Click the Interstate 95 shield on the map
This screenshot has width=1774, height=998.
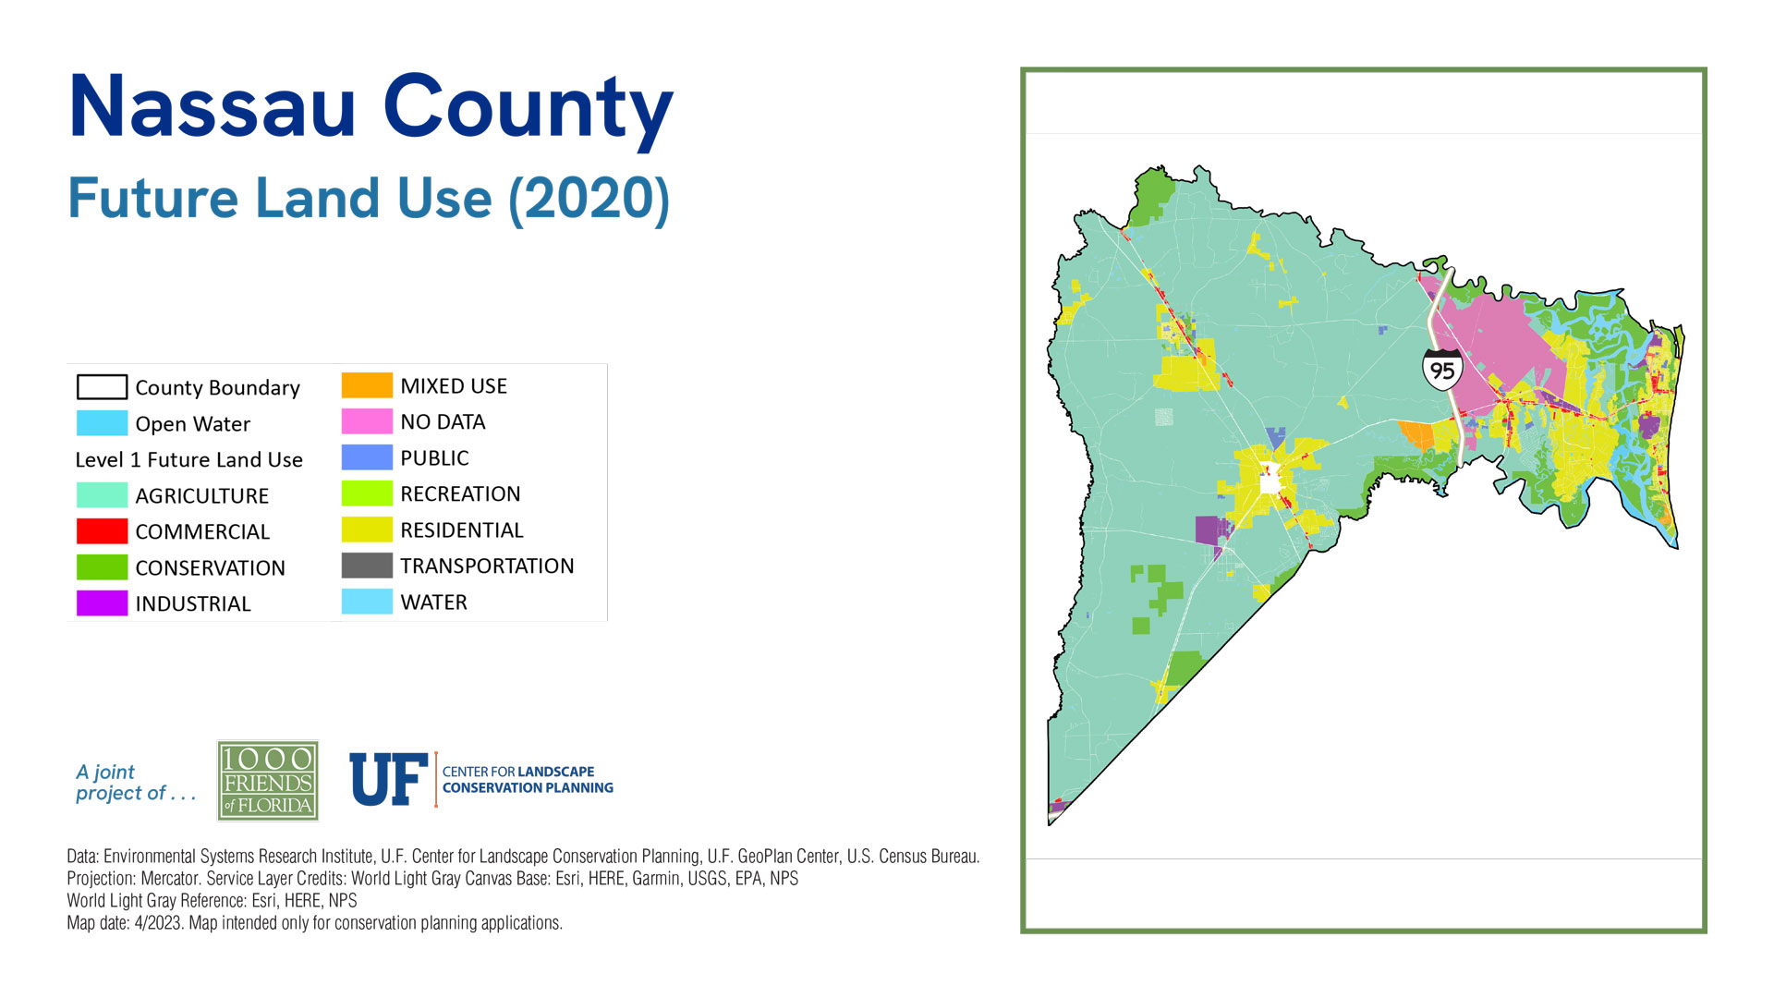(x=1442, y=369)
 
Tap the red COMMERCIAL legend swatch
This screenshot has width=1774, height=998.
(x=102, y=531)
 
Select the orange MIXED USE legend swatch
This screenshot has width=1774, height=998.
(x=367, y=385)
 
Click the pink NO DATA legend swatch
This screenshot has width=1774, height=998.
(x=367, y=421)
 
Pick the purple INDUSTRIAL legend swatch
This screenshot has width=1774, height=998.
(x=102, y=603)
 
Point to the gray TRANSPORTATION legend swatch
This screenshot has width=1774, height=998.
(x=367, y=566)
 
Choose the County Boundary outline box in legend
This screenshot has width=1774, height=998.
(x=102, y=387)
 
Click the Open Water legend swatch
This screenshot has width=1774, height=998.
(x=102, y=423)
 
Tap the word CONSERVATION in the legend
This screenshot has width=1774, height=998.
(x=211, y=567)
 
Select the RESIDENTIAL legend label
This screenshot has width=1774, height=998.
(x=462, y=530)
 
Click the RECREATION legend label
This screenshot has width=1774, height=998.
(x=460, y=494)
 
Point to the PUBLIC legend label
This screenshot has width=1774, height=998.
(x=434, y=458)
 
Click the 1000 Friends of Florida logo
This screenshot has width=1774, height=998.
(x=268, y=781)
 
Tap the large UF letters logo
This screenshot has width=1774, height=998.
(x=389, y=779)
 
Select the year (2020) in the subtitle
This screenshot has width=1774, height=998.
(x=589, y=199)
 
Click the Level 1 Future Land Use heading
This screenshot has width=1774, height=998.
(x=189, y=459)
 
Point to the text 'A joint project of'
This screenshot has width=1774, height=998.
(x=136, y=783)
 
